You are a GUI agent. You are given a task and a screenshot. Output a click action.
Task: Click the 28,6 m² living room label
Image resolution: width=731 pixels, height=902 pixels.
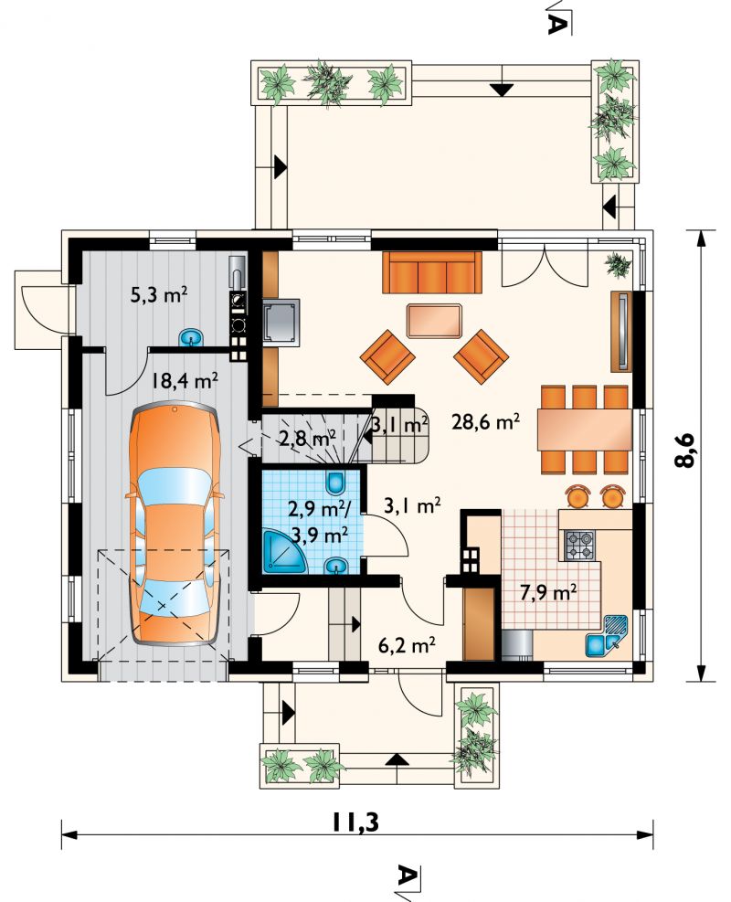tap(486, 422)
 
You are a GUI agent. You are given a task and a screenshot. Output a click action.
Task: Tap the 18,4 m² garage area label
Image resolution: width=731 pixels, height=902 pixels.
tap(185, 380)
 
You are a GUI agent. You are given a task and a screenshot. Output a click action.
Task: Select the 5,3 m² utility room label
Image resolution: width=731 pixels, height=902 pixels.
tap(160, 296)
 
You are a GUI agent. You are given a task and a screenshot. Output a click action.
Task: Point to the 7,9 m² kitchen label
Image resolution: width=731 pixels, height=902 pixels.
tap(548, 592)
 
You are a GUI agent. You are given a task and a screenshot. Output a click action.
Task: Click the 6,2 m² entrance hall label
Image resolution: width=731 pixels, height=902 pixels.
tap(406, 645)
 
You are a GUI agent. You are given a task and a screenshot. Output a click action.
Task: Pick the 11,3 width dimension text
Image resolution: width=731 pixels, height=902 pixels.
tap(355, 822)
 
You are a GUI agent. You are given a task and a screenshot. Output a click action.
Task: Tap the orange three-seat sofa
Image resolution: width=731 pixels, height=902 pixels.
tap(432, 272)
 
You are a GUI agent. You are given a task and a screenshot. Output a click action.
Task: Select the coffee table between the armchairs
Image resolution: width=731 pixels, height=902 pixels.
tap(434, 321)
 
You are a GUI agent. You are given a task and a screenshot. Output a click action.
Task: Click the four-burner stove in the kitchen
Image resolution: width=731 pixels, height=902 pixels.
tap(579, 546)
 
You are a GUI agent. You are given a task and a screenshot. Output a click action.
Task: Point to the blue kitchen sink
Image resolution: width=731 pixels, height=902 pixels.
tap(606, 636)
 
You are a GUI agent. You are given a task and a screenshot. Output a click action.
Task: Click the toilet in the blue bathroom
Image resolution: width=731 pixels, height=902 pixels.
tap(335, 483)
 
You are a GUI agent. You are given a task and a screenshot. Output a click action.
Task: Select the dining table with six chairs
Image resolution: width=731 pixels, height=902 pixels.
tap(584, 430)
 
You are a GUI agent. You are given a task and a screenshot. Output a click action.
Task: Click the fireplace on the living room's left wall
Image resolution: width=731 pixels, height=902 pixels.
tap(281, 322)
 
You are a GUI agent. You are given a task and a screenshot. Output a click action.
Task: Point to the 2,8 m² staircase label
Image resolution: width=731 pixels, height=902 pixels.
tap(307, 440)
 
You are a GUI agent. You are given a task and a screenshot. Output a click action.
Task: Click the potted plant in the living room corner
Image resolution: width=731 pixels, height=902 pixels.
tap(618, 264)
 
